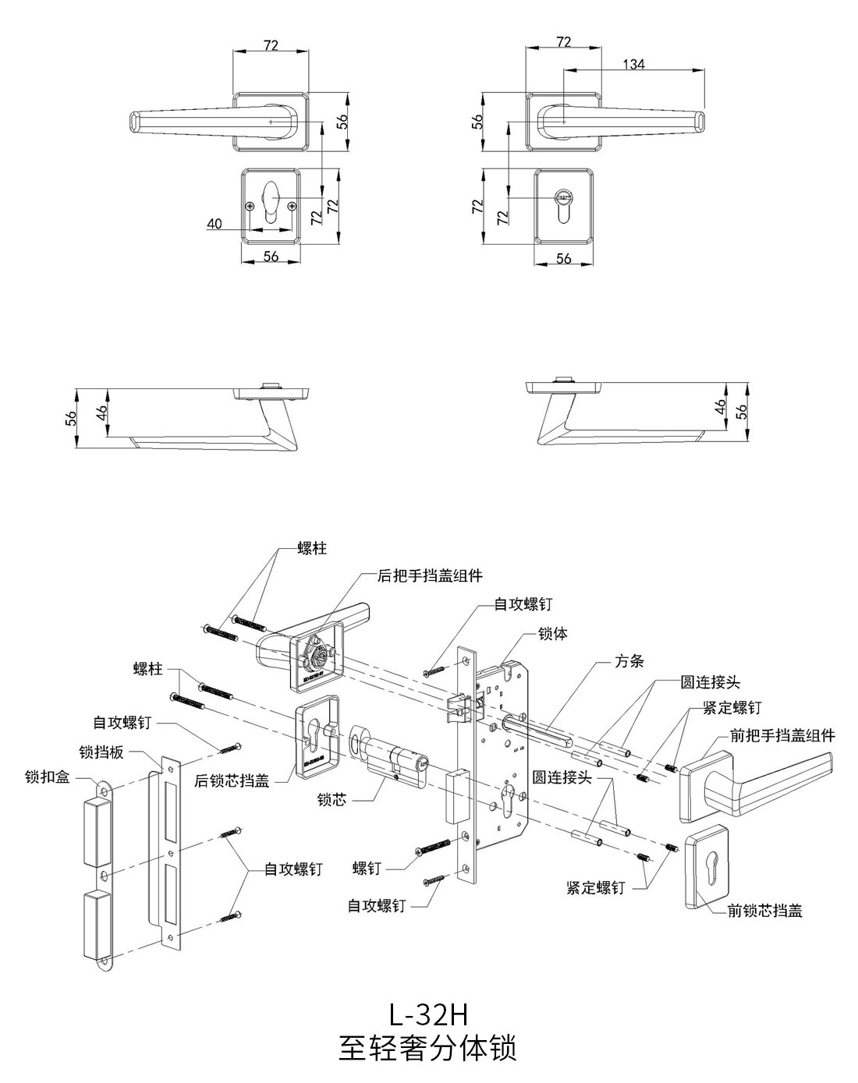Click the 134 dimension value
pyautogui.click(x=633, y=65)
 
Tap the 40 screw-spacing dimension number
pyautogui.click(x=214, y=225)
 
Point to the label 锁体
pyautogui.click(x=553, y=634)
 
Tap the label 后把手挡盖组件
pyautogui.click(x=430, y=576)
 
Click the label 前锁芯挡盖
pyautogui.click(x=764, y=910)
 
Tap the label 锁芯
pyautogui.click(x=331, y=800)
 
